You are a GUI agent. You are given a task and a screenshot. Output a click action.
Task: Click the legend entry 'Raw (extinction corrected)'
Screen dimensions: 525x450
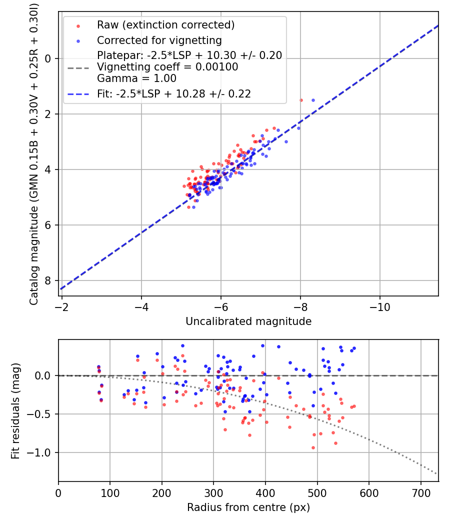(165, 25)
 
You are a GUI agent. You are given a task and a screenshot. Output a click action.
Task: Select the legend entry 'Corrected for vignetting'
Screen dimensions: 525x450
(159, 40)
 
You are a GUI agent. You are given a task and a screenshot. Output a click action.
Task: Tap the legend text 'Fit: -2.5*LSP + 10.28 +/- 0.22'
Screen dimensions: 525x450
(173, 93)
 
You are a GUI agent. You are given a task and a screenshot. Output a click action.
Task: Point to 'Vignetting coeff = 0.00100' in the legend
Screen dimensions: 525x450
(167, 67)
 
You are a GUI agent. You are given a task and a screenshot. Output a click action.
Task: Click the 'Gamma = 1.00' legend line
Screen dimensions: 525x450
(136, 78)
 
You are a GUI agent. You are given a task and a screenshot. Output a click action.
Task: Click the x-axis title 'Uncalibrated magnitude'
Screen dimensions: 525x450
(248, 321)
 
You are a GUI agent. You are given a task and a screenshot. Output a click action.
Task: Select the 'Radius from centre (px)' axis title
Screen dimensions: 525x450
(248, 507)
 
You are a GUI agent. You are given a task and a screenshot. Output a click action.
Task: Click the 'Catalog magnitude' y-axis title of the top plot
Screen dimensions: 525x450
(34, 153)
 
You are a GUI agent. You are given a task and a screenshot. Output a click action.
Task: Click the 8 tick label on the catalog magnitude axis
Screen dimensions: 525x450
(48, 280)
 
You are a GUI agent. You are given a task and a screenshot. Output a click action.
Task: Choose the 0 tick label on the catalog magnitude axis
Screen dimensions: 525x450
(48, 58)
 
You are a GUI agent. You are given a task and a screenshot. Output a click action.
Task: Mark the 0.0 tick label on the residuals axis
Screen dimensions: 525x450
(44, 375)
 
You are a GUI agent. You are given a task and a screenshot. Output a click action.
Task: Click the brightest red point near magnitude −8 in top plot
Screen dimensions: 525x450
(301, 100)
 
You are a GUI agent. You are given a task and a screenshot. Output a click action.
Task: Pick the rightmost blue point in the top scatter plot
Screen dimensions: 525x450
(313, 100)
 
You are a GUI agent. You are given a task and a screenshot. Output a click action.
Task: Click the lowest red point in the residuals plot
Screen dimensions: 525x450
(313, 447)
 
